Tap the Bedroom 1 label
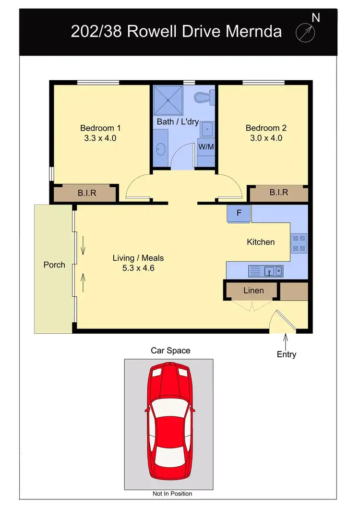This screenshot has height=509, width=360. (100, 128)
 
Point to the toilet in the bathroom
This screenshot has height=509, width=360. (204, 97)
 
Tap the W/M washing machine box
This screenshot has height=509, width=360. (206, 146)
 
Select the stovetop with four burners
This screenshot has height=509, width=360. (299, 242)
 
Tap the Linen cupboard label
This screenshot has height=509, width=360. (253, 290)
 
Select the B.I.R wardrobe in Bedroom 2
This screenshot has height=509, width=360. (278, 193)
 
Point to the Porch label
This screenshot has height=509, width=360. (54, 265)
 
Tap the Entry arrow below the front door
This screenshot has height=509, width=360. (286, 342)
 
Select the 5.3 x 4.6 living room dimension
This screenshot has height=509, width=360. (138, 268)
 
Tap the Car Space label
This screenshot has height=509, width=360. (170, 351)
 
